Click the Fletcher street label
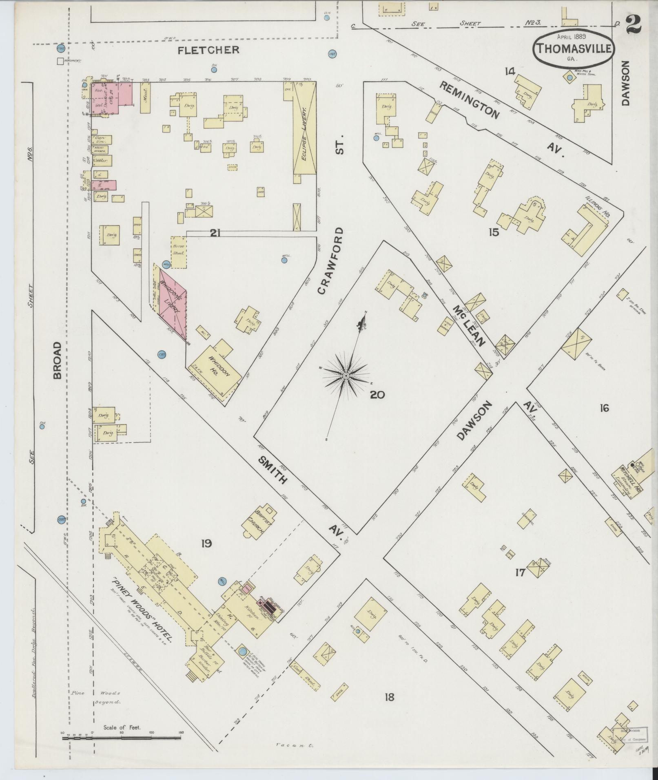tap(208, 50)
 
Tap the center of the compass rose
tap(346, 375)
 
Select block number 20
tap(378, 394)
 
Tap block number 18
tap(389, 696)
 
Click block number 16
tap(604, 407)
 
